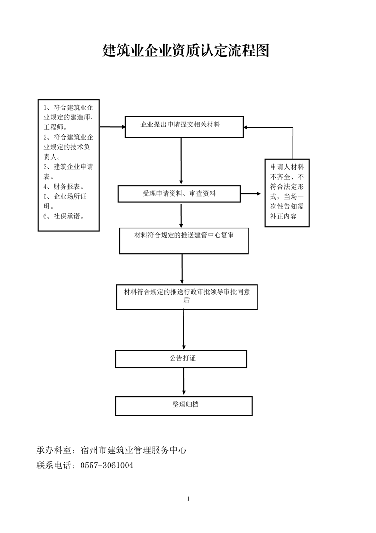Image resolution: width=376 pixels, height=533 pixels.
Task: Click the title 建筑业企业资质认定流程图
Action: (x=186, y=50)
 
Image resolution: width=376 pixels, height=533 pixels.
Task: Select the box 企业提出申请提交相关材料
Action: (x=184, y=127)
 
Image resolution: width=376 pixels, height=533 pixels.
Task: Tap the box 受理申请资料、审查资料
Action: (x=179, y=194)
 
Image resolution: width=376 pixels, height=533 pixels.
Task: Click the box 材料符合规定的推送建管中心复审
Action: (x=184, y=241)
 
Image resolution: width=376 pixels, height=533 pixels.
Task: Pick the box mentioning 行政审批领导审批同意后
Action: (x=187, y=297)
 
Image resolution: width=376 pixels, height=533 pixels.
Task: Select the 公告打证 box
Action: (x=181, y=359)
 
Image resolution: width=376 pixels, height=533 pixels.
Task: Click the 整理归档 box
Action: (x=184, y=406)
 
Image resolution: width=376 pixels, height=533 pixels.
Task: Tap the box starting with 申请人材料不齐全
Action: (x=286, y=193)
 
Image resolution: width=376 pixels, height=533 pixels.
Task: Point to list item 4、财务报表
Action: (x=64, y=187)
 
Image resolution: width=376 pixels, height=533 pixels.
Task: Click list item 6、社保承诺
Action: (x=64, y=216)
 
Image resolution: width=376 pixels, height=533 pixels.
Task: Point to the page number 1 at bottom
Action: (x=188, y=498)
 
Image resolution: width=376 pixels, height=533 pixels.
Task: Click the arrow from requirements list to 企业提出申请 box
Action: (x=112, y=127)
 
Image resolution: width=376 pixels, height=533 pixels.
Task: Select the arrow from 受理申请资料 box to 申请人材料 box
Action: (x=251, y=194)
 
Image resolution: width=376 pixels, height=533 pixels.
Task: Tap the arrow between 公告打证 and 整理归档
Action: (x=183, y=382)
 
